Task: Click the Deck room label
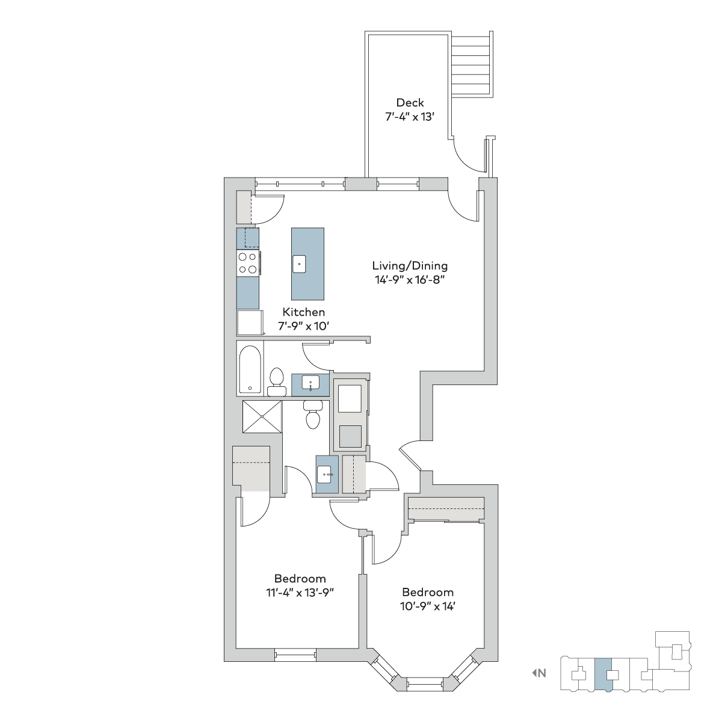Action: pos(410,103)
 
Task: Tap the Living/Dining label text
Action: pos(410,266)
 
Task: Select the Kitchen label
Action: pos(304,312)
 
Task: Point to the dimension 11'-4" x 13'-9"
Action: pos(300,593)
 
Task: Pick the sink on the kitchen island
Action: pos(299,264)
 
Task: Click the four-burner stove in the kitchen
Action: pos(248,264)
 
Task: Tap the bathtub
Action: pos(250,370)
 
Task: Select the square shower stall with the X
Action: pos(262,416)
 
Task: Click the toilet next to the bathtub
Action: pos(277,382)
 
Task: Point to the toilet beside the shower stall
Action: pos(312,415)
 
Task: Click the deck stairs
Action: pos(471,64)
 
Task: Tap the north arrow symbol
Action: pos(534,673)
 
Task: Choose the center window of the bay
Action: pos(425,683)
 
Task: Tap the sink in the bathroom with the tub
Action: pos(310,383)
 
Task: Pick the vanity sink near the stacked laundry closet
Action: pos(324,475)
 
